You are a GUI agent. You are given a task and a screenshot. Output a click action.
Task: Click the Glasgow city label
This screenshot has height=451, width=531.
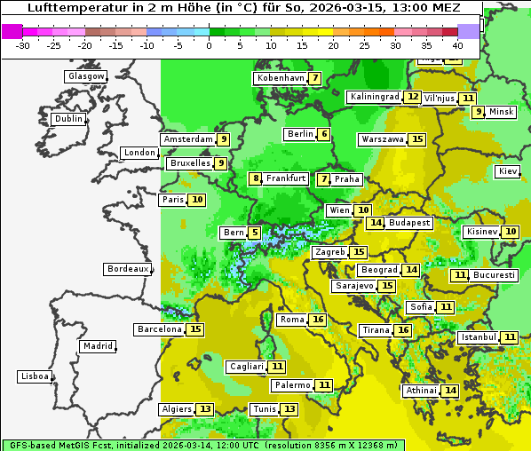click(x=85, y=76)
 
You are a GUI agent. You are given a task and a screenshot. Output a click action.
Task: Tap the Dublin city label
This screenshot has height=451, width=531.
click(x=67, y=119)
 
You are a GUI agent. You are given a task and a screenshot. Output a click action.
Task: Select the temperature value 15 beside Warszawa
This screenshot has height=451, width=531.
click(x=417, y=139)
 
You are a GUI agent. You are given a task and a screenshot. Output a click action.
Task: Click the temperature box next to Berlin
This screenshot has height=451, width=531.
click(x=324, y=134)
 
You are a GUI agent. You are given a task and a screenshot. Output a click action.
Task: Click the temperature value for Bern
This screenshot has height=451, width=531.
click(x=255, y=233)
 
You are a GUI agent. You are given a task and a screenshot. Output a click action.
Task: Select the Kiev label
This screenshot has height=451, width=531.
click(x=508, y=171)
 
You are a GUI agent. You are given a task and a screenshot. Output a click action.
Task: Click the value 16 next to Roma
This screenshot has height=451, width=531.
click(x=318, y=320)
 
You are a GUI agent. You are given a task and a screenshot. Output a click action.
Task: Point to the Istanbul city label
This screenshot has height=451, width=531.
click(x=478, y=337)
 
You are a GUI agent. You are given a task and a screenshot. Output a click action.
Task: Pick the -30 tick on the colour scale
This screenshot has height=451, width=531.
click(x=23, y=44)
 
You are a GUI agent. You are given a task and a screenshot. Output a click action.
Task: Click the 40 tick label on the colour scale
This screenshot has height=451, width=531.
click(x=457, y=44)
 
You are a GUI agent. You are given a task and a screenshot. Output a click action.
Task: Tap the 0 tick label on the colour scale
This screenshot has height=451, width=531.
click(x=209, y=44)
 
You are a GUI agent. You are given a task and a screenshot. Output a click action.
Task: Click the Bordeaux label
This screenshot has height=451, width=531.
click(x=127, y=269)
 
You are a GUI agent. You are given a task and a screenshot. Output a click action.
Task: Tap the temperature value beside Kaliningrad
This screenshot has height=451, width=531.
click(x=412, y=96)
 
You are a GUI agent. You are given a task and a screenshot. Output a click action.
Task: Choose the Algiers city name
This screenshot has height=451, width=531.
click(x=175, y=409)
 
